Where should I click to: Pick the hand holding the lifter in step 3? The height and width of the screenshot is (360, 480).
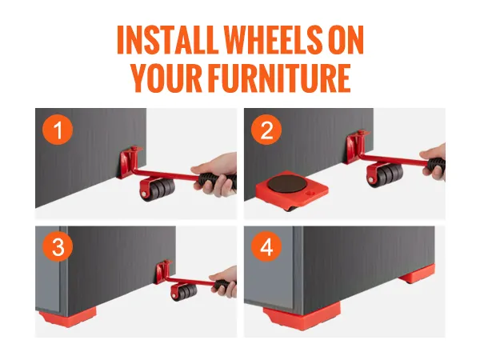[x=227, y=280]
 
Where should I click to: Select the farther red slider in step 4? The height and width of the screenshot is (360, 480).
[x=417, y=278]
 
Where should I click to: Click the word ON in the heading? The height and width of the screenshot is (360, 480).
[x=346, y=40]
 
